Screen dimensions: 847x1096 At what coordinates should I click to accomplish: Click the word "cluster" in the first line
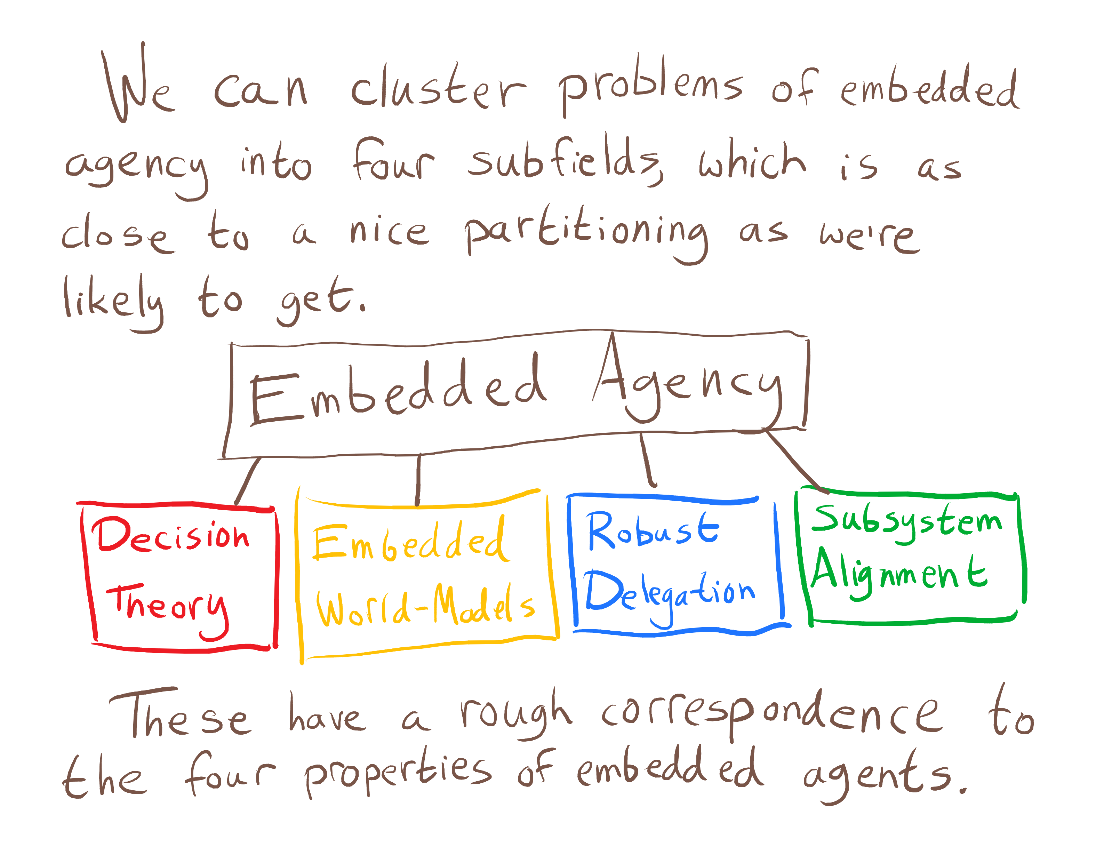pyautogui.click(x=438, y=88)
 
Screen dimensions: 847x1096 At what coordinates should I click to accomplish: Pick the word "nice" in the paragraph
pyautogui.click(x=389, y=232)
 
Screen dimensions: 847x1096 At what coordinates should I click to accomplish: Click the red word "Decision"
pyautogui.click(x=171, y=536)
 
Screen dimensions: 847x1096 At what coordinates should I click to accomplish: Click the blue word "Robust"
pyautogui.click(x=653, y=531)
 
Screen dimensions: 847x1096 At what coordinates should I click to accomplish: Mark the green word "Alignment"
pyautogui.click(x=898, y=572)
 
